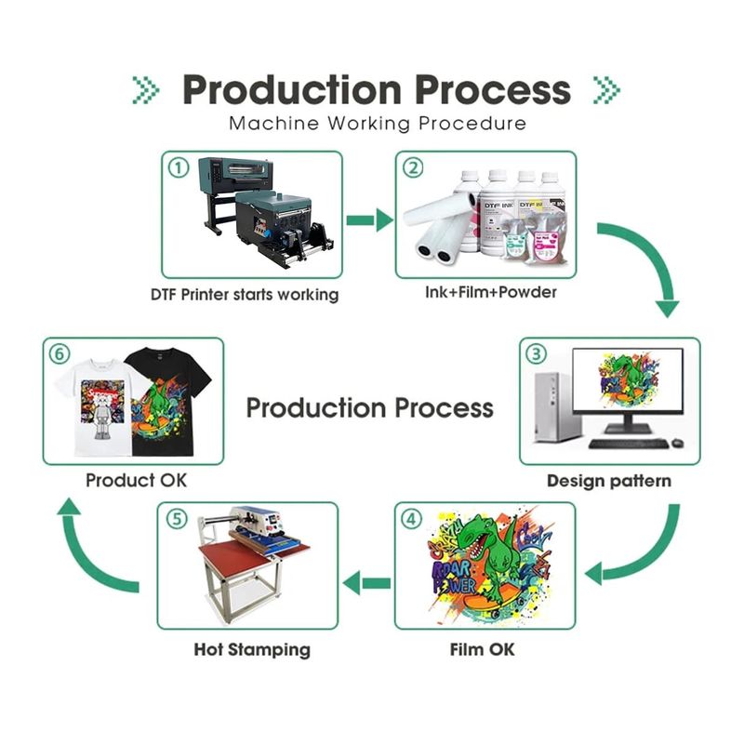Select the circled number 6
pyautogui.click(x=59, y=353)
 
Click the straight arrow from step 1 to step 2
pyautogui.click(x=369, y=220)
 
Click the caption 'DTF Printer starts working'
pyautogui.click(x=245, y=295)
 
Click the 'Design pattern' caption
pyautogui.click(x=608, y=481)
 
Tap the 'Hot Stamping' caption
pyautogui.click(x=252, y=648)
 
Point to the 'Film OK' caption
pyautogui.click(x=482, y=648)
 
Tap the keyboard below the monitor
pyautogui.click(x=628, y=444)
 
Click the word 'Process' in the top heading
pyautogui.click(x=492, y=89)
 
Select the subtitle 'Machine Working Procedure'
pyautogui.click(x=377, y=123)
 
